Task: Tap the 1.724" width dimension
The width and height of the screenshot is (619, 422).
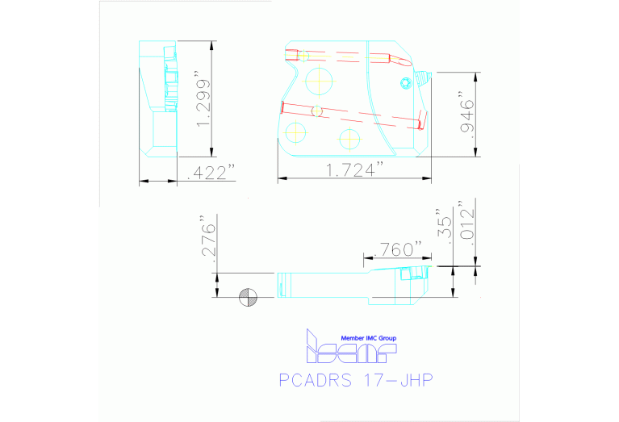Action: (353, 169)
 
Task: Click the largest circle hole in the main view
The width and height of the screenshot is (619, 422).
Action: (320, 79)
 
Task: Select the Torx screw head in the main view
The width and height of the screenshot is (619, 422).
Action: (406, 81)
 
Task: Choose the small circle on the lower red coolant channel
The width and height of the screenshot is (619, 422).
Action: (317, 110)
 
